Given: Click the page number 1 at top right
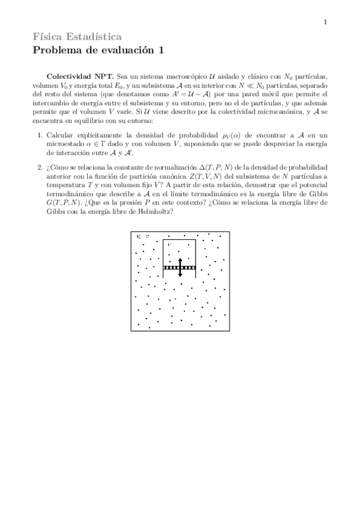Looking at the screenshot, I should click(x=325, y=23).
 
